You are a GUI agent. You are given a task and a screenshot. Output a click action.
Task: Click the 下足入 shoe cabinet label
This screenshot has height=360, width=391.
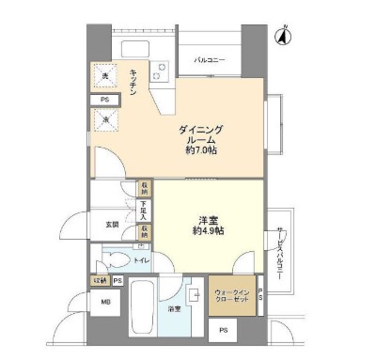(144, 208)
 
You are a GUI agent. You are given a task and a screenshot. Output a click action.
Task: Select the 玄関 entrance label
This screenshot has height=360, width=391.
(112, 226)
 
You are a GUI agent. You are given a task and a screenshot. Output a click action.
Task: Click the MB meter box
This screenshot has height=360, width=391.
(102, 303)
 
